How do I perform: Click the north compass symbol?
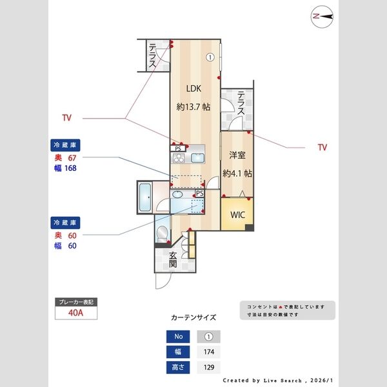coord(321,16)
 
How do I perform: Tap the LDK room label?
coord(193,89)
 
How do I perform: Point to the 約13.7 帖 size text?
coord(193,107)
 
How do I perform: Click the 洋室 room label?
coord(237,155)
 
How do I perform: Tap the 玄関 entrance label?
coord(174,259)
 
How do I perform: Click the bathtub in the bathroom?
coord(144,197)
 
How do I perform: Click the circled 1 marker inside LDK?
coord(210,57)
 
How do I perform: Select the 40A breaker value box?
coord(76,313)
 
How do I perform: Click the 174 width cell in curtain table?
coord(208,352)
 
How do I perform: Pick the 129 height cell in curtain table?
coord(208,368)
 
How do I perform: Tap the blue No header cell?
coord(179,337)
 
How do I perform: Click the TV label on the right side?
coord(322,148)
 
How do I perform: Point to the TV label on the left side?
coord(66,118)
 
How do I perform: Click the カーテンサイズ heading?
coord(193,318)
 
